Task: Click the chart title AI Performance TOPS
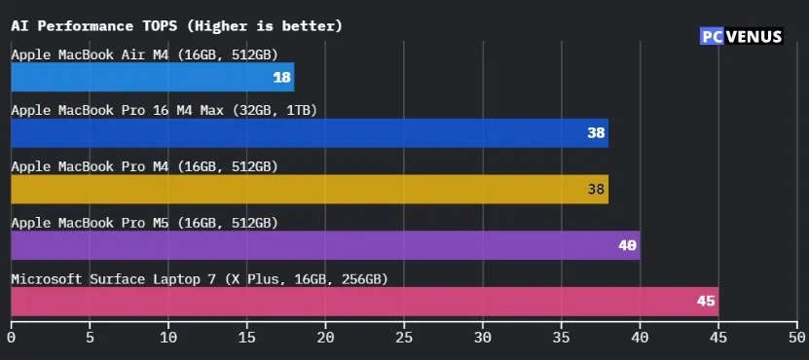[x=176, y=25]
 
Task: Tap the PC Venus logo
[x=743, y=37]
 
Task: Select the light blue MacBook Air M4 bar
[x=152, y=77]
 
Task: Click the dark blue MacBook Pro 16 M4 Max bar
[x=309, y=133]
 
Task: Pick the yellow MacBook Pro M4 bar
[x=309, y=189]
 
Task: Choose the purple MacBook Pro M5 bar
[x=325, y=245]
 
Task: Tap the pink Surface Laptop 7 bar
[x=364, y=302]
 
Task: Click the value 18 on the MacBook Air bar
[x=282, y=77]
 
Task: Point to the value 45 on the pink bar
[x=706, y=302]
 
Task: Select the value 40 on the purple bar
[x=628, y=245]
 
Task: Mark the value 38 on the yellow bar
[x=597, y=190]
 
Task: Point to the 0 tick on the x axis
[x=11, y=338]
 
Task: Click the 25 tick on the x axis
[x=404, y=338]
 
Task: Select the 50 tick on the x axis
[x=797, y=338]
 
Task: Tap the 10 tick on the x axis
[x=168, y=338]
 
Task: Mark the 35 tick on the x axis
[x=562, y=338]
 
